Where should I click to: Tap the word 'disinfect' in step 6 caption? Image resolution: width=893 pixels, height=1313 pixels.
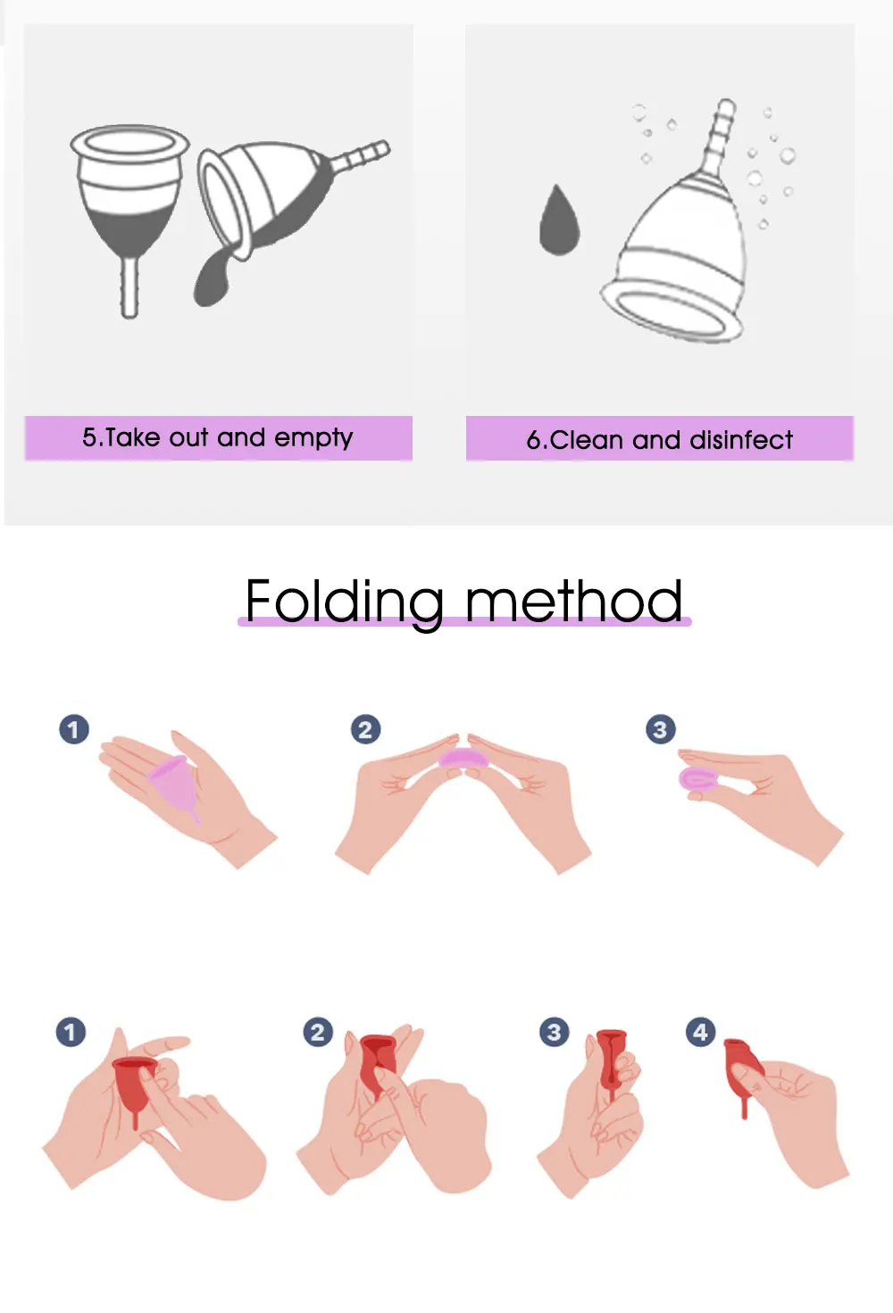[741, 440]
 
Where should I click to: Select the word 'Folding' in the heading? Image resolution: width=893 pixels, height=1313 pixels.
[344, 602]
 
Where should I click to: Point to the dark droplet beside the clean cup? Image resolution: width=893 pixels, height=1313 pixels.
[559, 221]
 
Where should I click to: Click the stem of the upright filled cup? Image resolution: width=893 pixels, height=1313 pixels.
[129, 287]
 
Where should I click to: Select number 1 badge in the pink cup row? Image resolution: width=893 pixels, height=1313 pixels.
[74, 729]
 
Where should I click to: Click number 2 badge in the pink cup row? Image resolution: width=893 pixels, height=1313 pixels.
[365, 729]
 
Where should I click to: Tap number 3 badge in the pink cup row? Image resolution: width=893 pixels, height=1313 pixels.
[660, 729]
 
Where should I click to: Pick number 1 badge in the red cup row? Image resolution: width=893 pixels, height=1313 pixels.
[71, 1032]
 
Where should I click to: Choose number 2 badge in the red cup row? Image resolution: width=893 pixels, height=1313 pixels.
[318, 1032]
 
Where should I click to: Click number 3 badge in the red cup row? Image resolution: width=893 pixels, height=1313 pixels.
[554, 1032]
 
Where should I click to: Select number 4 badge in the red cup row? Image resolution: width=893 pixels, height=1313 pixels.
[700, 1032]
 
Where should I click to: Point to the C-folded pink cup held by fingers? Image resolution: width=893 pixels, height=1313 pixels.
[697, 779]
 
